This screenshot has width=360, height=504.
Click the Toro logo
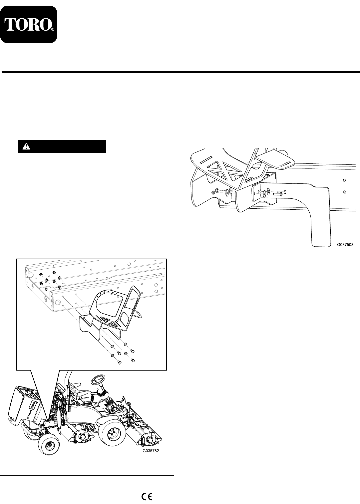tap(29, 24)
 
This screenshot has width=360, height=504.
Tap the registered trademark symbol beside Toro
tap(53, 30)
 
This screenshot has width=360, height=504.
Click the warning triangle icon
tap(26, 146)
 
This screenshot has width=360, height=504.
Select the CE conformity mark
tap(147, 496)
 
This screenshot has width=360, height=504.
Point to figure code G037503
tap(345, 245)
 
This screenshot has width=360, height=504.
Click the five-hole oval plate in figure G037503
tap(276, 160)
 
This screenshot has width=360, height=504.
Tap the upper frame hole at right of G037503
tap(344, 180)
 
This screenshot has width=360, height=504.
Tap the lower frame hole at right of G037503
tap(344, 192)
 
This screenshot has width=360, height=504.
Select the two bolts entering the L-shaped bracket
tap(279, 193)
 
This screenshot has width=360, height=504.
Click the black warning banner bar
tap(62, 146)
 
